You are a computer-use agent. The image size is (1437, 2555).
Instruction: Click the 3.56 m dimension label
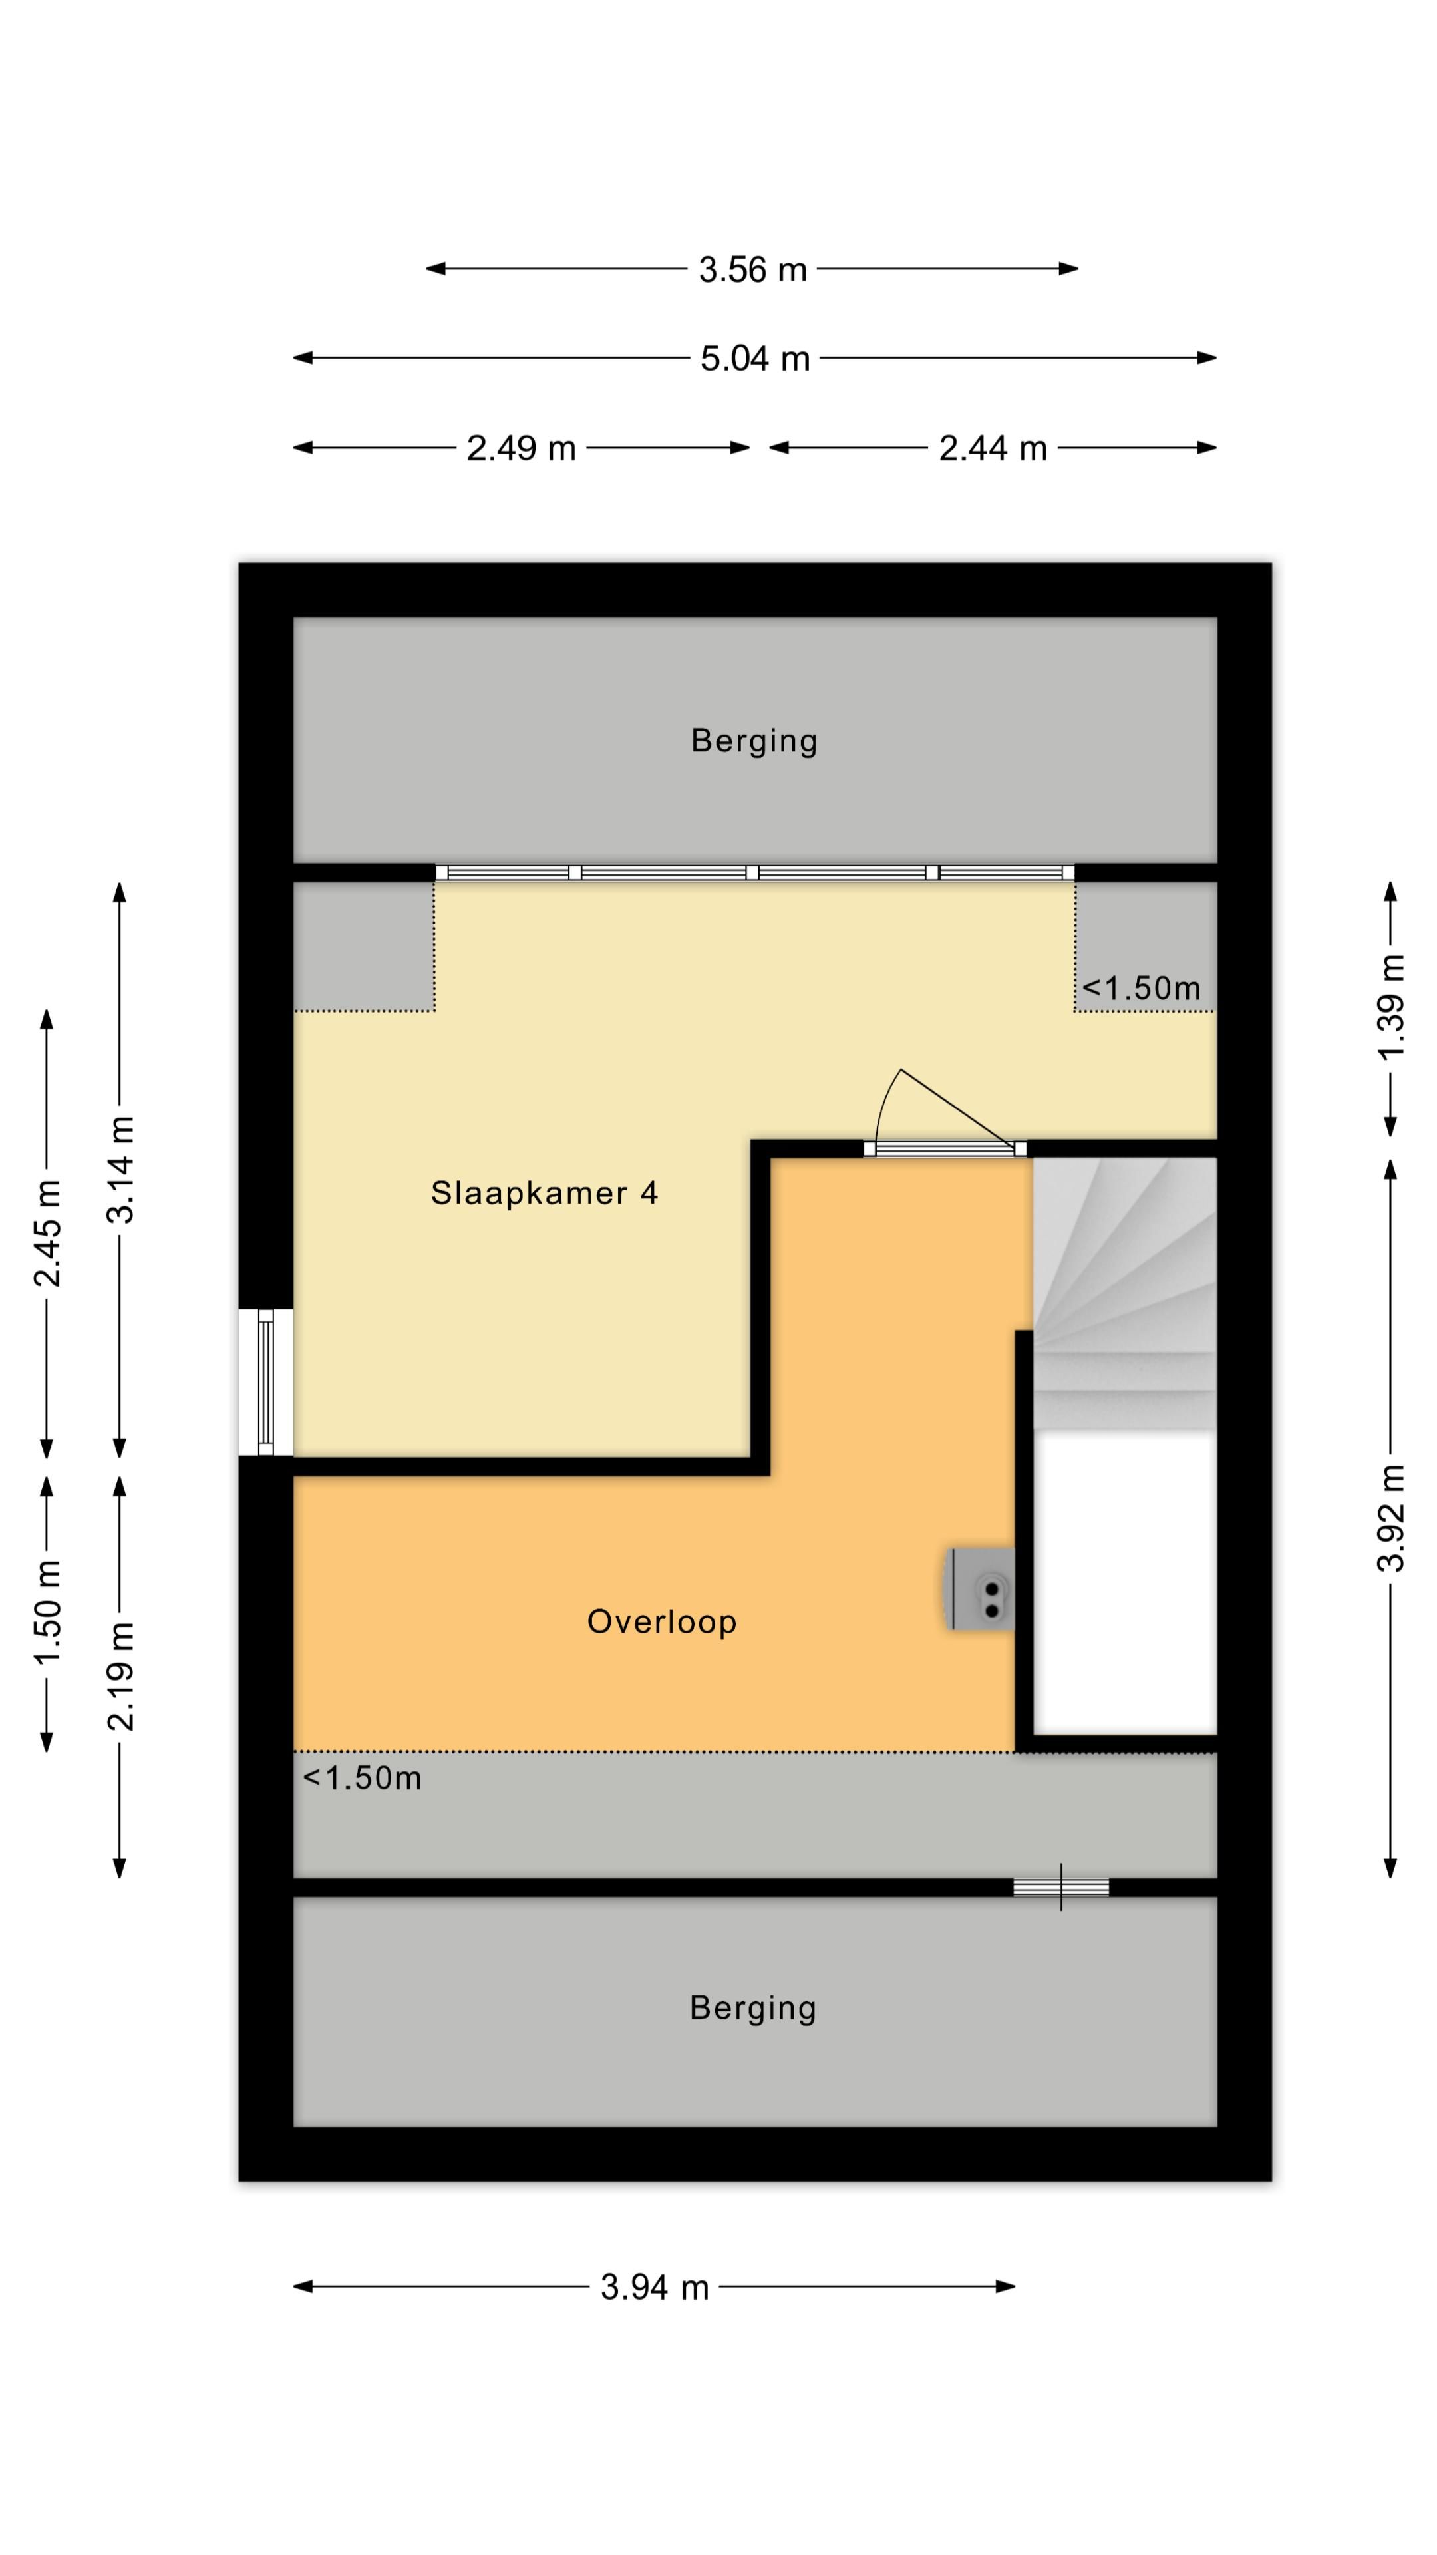[752, 269]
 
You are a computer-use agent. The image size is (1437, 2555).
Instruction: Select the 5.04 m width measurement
[754, 358]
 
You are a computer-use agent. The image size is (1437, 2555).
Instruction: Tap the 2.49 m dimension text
[521, 448]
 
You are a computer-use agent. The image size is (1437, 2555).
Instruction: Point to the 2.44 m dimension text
[993, 448]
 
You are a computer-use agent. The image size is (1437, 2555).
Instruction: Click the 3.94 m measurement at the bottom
[655, 2288]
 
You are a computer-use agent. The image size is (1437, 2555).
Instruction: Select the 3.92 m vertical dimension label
[1391, 1518]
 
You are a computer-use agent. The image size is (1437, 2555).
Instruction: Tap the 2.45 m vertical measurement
[47, 1234]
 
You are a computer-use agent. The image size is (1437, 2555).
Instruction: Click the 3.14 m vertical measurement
[120, 1170]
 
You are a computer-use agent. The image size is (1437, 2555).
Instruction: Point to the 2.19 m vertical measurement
[120, 1677]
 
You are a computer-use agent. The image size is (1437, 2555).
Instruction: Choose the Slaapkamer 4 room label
[544, 1192]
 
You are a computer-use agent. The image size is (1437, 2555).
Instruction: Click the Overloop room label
[661, 1621]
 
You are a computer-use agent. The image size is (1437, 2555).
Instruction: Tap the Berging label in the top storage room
[754, 741]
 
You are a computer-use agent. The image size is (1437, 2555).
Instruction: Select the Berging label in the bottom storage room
[752, 2009]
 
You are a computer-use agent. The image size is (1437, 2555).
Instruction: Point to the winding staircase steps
[1124, 1293]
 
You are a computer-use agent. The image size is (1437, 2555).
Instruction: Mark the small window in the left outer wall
[265, 1383]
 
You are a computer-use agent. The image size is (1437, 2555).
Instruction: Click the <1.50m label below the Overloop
[362, 1779]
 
